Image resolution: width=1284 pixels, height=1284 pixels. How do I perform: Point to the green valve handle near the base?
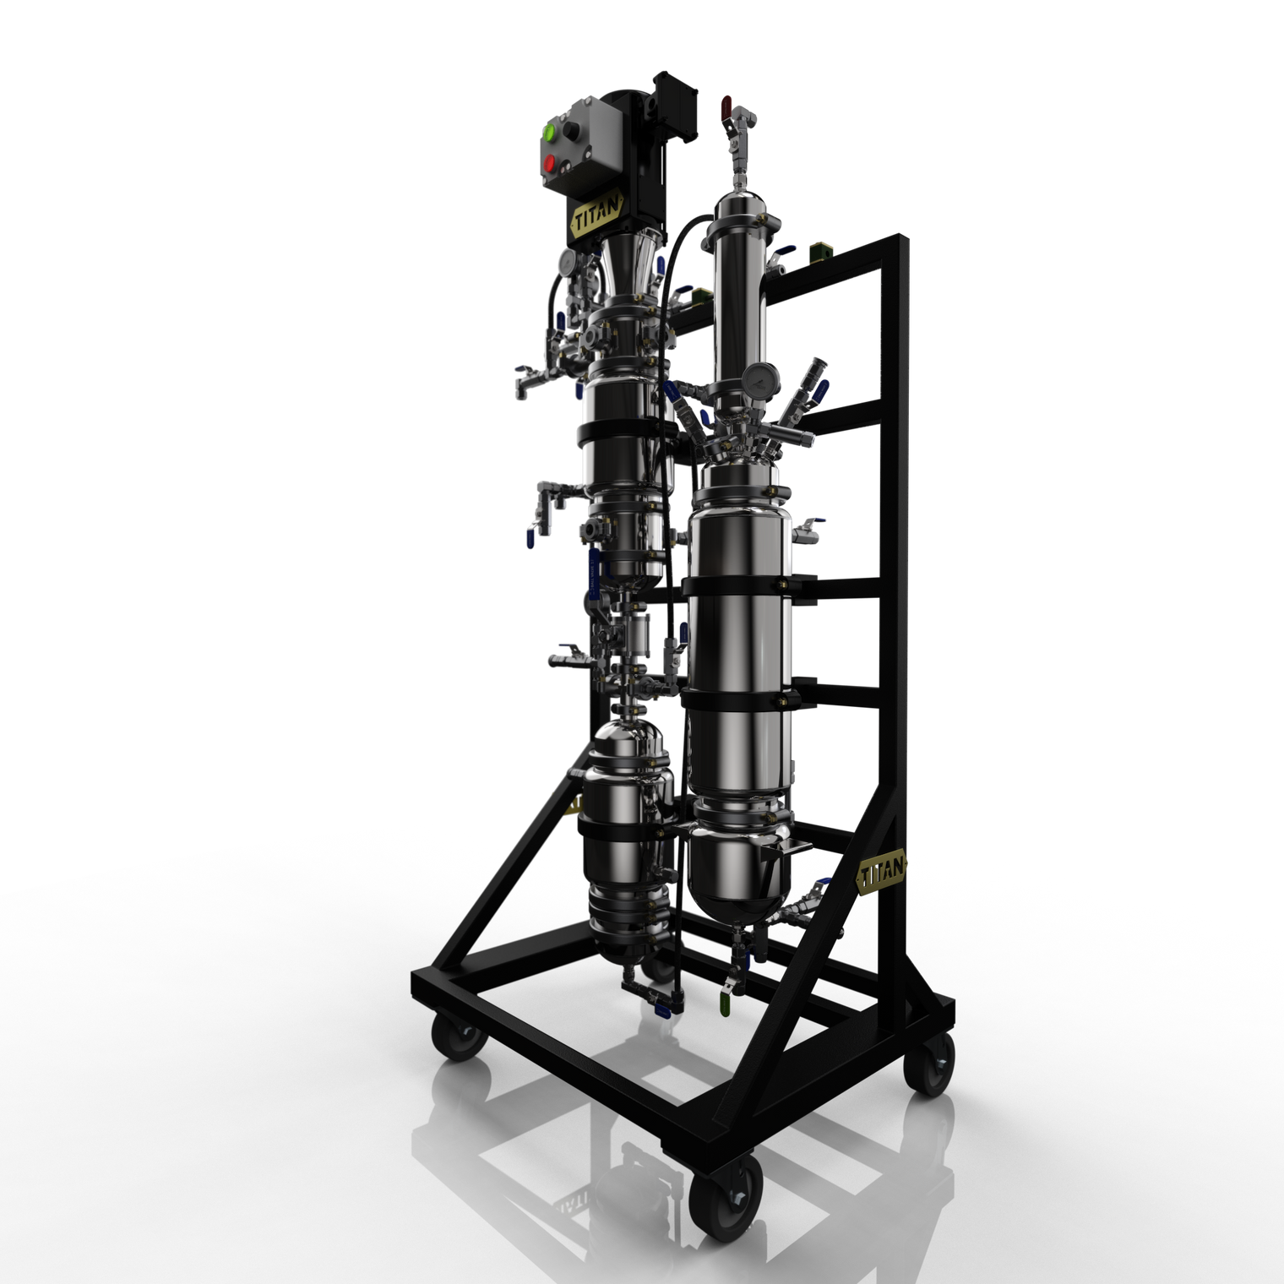click(x=724, y=1005)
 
